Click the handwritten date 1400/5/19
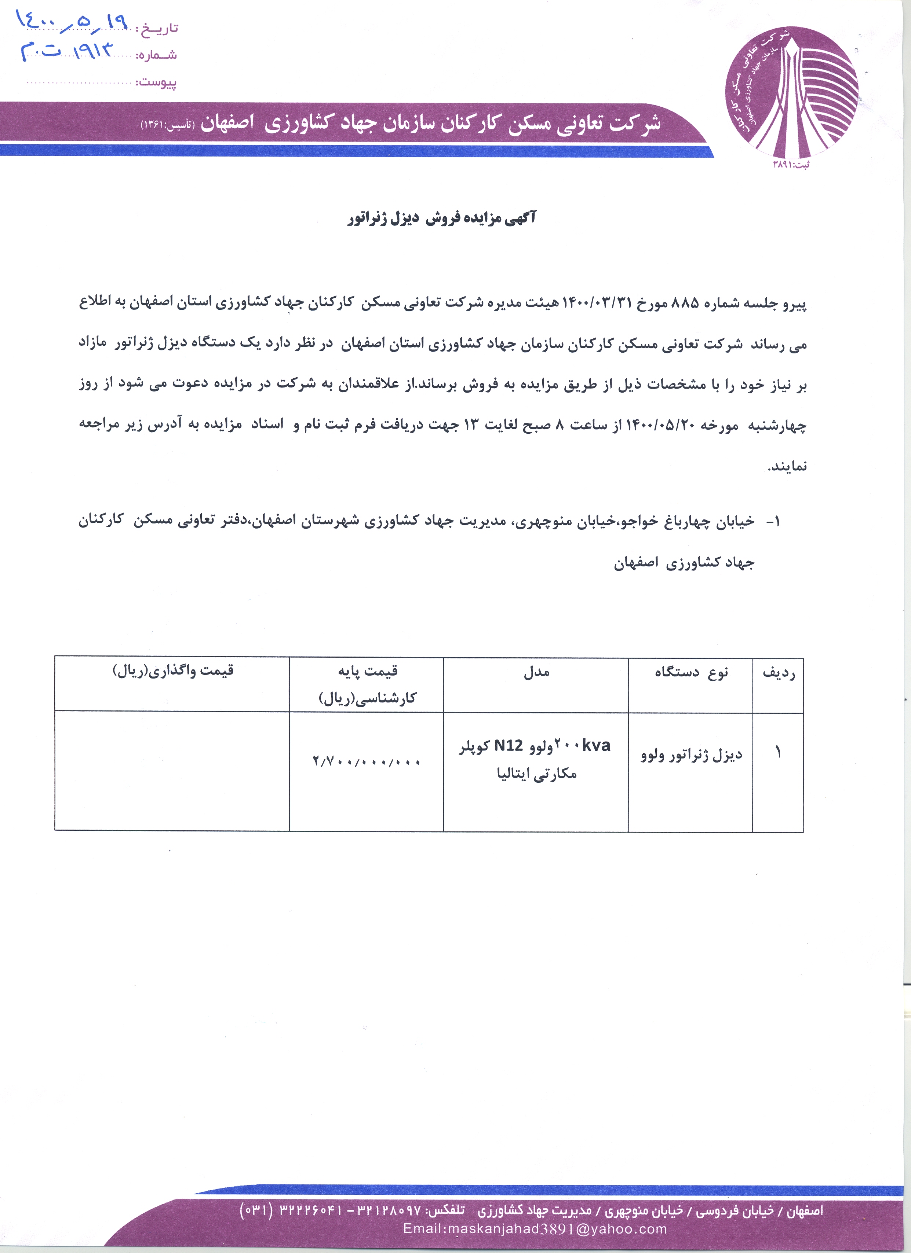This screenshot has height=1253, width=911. (72, 23)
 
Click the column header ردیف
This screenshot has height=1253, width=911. (778, 673)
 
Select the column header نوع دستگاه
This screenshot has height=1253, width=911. (691, 672)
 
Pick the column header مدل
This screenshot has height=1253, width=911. (536, 672)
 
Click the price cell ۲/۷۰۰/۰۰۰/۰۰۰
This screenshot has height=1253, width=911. (367, 762)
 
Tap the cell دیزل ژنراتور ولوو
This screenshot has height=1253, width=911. (691, 755)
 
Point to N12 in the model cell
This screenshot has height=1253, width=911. (508, 746)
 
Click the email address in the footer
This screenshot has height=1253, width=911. (535, 1229)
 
